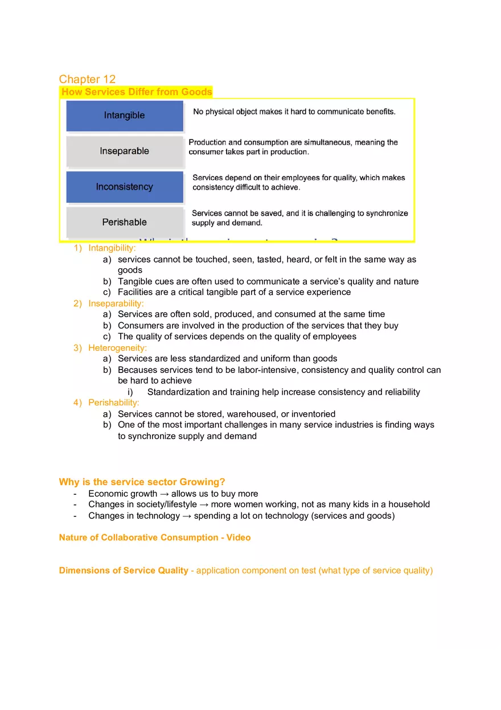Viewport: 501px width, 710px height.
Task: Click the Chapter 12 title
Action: pos(87,79)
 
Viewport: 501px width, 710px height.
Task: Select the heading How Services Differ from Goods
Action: pos(137,92)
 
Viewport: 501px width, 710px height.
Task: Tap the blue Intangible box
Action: pos(125,116)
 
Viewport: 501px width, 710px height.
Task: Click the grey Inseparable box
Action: pos(125,151)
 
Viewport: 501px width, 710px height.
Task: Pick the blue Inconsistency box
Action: pos(125,187)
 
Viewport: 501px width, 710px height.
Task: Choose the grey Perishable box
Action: pos(125,222)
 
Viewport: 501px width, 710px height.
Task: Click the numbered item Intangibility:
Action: pos(112,248)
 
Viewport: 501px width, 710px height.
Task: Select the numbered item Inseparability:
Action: pos(116,303)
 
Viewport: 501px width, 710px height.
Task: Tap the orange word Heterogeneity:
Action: pos(117,348)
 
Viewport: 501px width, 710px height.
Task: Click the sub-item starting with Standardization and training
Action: pos(284,392)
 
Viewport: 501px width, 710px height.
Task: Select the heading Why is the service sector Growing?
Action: pos(142,482)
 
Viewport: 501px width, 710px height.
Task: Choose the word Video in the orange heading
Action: pos(238,537)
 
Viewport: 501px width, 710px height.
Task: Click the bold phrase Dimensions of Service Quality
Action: pos(124,571)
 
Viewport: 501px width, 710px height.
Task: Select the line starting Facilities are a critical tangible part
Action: pos(234,292)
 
